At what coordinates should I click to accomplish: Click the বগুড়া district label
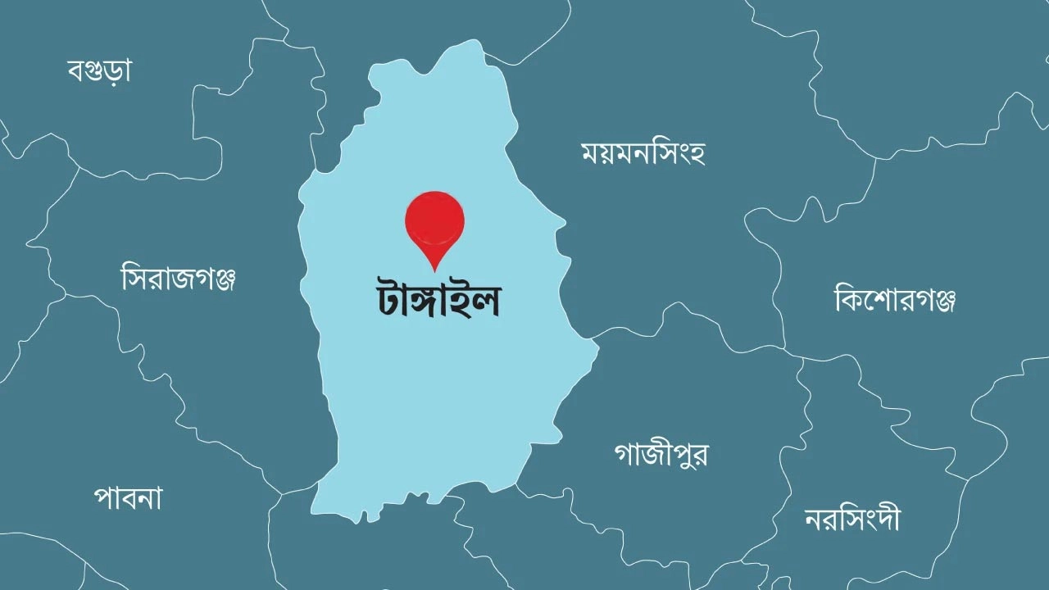[x=99, y=70]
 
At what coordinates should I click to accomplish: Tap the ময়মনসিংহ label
[x=643, y=153]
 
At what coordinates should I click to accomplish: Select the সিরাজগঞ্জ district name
[x=179, y=279]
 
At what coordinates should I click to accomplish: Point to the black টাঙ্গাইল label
[x=434, y=301]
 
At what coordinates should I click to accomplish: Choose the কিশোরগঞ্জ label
[x=895, y=300]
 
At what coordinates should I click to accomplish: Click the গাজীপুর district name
[x=661, y=453]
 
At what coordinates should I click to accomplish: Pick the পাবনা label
[x=128, y=497]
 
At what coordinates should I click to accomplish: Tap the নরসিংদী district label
[x=852, y=519]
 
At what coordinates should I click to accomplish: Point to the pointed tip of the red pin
[x=434, y=270]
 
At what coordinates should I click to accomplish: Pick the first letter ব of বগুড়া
[x=76, y=71]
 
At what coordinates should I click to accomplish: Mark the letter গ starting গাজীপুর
[x=625, y=454]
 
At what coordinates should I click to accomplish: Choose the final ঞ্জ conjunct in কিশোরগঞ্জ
[x=942, y=301]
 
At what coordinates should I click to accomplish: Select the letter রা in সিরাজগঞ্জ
[x=153, y=279]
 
